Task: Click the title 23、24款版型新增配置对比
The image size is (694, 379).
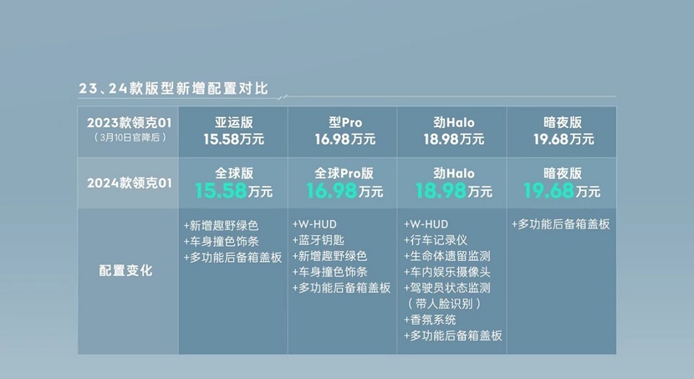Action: [x=173, y=89]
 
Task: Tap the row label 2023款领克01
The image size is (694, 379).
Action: [x=130, y=123]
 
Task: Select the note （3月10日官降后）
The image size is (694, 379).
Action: [x=130, y=138]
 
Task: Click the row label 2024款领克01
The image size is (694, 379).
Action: [x=130, y=183]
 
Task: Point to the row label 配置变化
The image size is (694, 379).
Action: [x=125, y=270]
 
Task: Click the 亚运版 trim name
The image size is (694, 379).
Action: [x=233, y=122]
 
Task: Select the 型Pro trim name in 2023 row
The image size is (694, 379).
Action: [x=345, y=122]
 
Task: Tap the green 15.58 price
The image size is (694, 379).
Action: [x=221, y=191]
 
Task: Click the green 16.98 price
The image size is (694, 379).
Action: [x=331, y=191]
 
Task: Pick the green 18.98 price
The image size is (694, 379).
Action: [x=441, y=191]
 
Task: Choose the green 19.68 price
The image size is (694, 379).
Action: [x=549, y=191]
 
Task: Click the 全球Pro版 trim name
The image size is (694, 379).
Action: [x=344, y=173]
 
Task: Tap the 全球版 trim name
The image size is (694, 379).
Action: [x=233, y=173]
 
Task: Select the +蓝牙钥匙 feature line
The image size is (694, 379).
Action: [x=319, y=240]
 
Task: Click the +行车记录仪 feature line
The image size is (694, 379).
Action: [x=436, y=240]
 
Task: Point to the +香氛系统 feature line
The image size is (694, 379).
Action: [x=430, y=320]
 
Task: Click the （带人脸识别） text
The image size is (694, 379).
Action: [x=444, y=304]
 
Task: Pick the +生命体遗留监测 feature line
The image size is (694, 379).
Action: [x=447, y=256]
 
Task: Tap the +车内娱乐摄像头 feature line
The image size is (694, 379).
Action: [x=447, y=272]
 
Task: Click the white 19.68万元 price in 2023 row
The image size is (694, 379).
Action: [x=564, y=140]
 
